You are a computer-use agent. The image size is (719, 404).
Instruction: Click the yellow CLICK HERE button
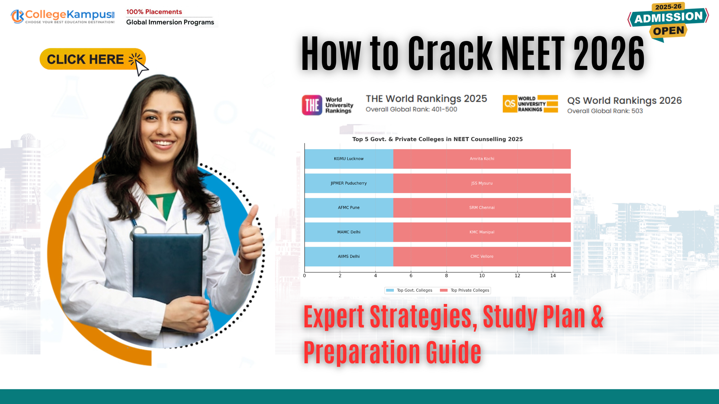92,59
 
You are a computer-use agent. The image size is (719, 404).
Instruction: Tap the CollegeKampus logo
63,16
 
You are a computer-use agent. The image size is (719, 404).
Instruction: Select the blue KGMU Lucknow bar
349,159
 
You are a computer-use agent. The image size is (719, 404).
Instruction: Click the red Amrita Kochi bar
482,159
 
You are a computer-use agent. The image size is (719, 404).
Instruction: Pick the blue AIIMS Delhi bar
349,257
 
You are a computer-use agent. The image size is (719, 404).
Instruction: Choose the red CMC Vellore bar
482,257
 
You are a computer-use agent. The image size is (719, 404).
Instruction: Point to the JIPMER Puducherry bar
349,183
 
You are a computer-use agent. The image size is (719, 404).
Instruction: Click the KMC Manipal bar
482,232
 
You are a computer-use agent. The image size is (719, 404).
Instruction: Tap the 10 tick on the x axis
482,275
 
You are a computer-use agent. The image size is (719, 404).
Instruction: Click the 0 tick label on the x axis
305,275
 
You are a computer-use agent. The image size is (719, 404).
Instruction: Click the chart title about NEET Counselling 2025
437,139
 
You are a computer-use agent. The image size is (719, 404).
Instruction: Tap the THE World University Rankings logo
327,105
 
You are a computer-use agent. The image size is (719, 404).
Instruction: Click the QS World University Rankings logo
530,104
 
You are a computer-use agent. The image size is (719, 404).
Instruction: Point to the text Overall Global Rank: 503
605,111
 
